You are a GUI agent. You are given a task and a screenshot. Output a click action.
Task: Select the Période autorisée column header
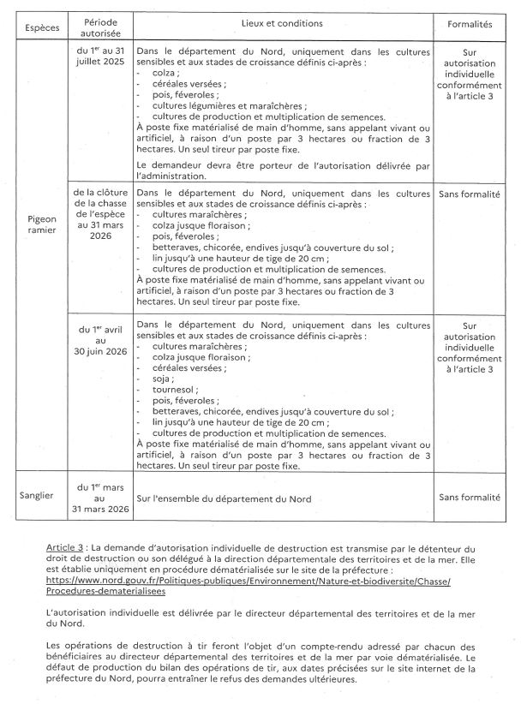point(102,26)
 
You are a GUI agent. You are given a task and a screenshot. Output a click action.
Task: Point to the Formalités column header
point(469,26)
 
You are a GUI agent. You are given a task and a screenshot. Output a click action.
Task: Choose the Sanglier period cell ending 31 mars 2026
point(102,497)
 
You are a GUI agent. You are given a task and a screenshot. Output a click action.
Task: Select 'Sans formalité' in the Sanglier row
point(469,497)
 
